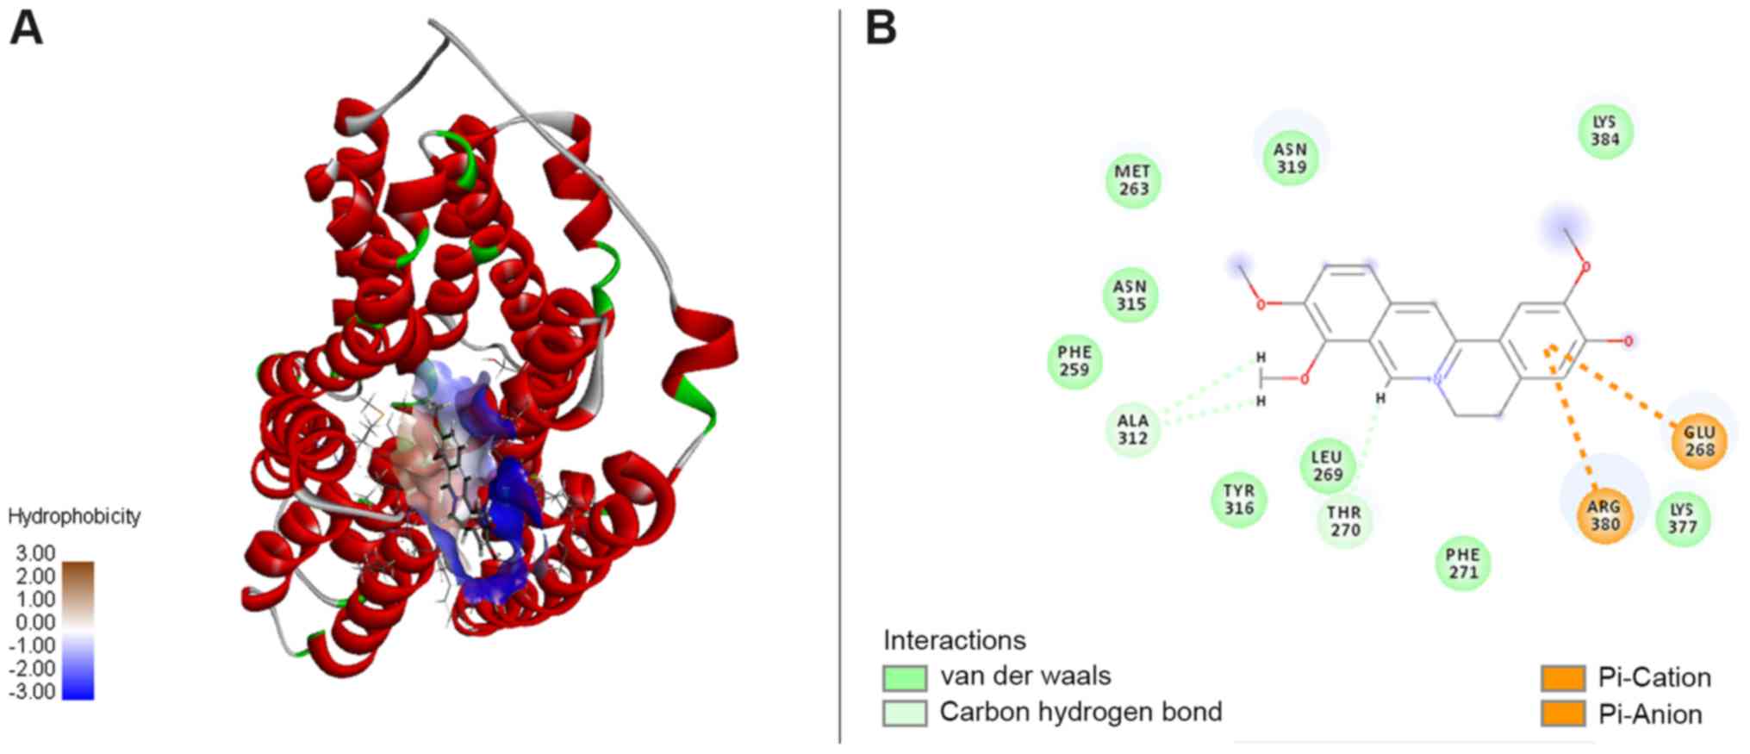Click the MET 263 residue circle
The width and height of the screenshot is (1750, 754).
(x=1133, y=180)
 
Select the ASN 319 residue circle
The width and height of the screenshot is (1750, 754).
(x=1291, y=159)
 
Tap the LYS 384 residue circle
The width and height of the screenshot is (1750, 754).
(x=1605, y=131)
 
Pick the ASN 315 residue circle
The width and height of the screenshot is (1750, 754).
(x=1130, y=295)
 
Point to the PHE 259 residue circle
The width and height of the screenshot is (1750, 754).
(x=1074, y=361)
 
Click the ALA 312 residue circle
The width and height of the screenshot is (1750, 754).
(x=1132, y=429)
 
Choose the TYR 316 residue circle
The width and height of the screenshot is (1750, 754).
(x=1239, y=500)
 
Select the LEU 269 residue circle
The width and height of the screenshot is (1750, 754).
(x=1327, y=465)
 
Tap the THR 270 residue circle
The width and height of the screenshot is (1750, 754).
(x=1344, y=521)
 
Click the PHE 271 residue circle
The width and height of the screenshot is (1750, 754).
(x=1462, y=564)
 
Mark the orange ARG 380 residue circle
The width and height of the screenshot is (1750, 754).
(x=1604, y=515)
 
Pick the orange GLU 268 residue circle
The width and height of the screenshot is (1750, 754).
(x=1699, y=441)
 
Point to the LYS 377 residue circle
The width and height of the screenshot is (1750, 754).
(x=1682, y=519)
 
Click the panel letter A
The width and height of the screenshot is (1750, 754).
(x=26, y=28)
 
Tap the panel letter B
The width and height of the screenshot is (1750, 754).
(x=881, y=28)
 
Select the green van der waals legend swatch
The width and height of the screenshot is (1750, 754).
(x=905, y=677)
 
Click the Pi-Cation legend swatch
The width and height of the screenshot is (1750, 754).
(x=1562, y=678)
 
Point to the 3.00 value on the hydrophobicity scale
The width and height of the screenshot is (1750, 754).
(x=35, y=553)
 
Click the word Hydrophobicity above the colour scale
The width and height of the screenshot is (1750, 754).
(x=74, y=516)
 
